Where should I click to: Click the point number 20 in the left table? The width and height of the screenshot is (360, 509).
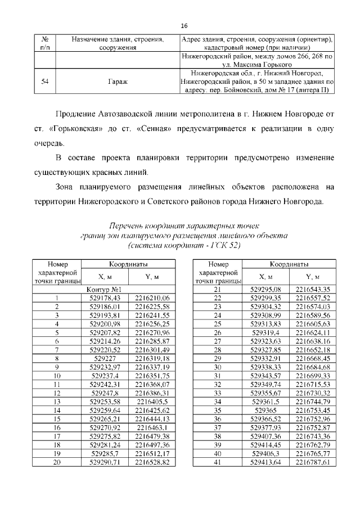(56, 462)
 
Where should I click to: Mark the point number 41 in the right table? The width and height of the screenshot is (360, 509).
(218, 462)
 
